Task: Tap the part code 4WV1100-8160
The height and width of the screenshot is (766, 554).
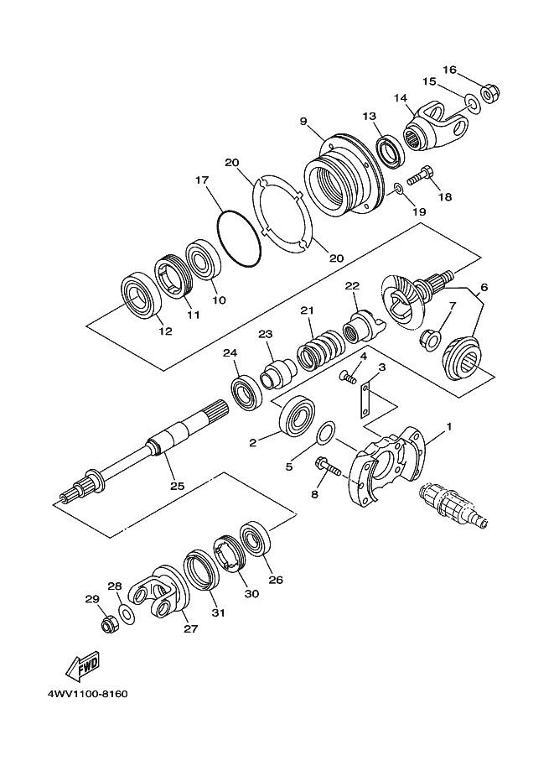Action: [x=83, y=696]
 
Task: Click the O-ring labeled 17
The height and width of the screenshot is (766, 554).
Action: [x=237, y=238]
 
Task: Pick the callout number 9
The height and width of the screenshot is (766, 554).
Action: [x=303, y=121]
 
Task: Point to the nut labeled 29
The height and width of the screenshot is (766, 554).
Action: [x=107, y=624]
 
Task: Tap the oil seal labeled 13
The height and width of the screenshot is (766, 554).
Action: [x=389, y=151]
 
